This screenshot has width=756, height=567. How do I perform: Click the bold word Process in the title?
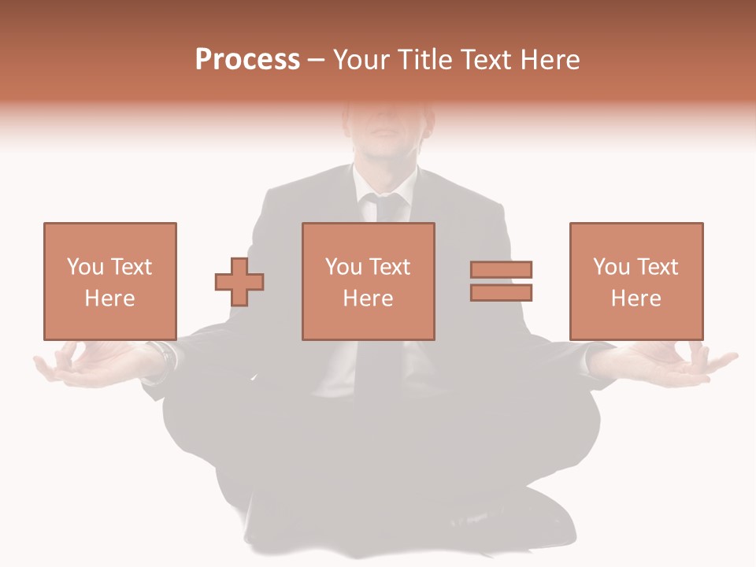(247, 60)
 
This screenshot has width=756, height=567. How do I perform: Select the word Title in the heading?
(426, 60)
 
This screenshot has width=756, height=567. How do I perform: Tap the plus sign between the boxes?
(239, 281)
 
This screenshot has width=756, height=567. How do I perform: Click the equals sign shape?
(501, 281)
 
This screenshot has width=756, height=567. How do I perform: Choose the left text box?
(109, 281)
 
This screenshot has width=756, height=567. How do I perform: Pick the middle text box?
(368, 281)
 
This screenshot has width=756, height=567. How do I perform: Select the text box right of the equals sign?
(636, 281)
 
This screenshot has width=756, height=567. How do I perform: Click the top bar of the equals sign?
(501, 269)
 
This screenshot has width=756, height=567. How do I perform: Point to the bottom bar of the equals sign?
(501, 292)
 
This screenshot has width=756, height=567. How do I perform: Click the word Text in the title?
(487, 60)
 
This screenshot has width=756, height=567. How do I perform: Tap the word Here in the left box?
(109, 298)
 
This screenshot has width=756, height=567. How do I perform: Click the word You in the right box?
(611, 267)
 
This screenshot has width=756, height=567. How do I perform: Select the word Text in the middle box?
(390, 267)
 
